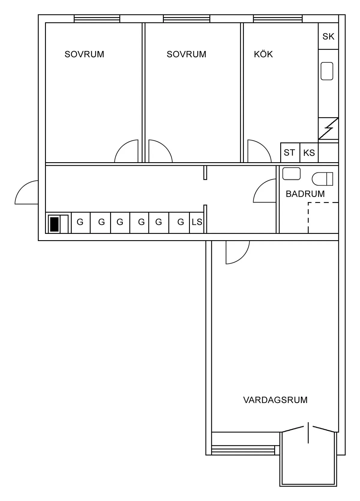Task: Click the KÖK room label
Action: click(x=263, y=54)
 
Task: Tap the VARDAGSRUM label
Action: click(x=275, y=400)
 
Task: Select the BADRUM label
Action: click(x=305, y=194)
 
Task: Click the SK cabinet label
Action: click(x=328, y=36)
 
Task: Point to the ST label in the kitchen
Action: click(x=289, y=153)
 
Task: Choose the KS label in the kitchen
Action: click(x=309, y=153)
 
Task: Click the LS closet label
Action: click(x=197, y=222)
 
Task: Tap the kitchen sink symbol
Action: click(x=327, y=71)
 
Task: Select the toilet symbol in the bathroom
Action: click(x=322, y=179)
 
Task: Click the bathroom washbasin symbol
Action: click(x=291, y=174)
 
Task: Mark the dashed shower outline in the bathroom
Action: click(x=323, y=218)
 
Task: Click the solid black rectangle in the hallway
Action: click(x=54, y=224)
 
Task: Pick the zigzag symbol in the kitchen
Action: click(x=328, y=129)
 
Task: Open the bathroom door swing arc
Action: click(x=264, y=191)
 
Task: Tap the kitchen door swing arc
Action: click(x=259, y=151)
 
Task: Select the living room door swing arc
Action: click(x=238, y=252)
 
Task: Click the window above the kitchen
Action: click(x=277, y=19)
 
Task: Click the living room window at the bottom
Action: click(x=243, y=450)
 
